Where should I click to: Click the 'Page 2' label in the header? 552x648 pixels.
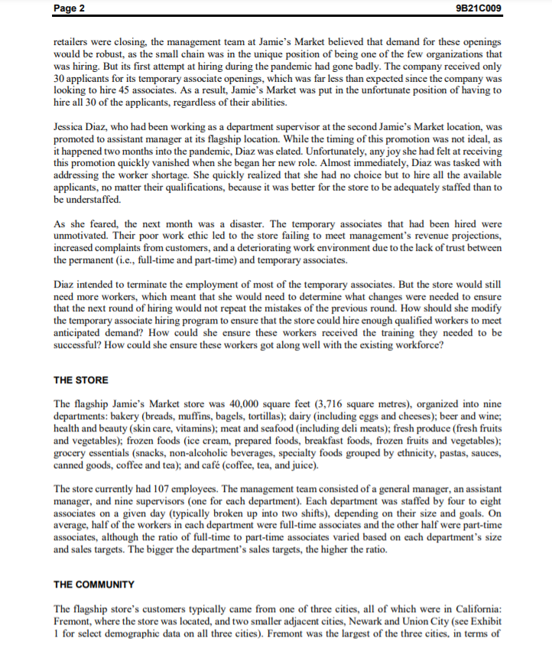click(x=70, y=8)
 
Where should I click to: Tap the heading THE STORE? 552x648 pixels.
click(x=81, y=380)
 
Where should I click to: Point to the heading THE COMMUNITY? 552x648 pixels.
click(x=94, y=585)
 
